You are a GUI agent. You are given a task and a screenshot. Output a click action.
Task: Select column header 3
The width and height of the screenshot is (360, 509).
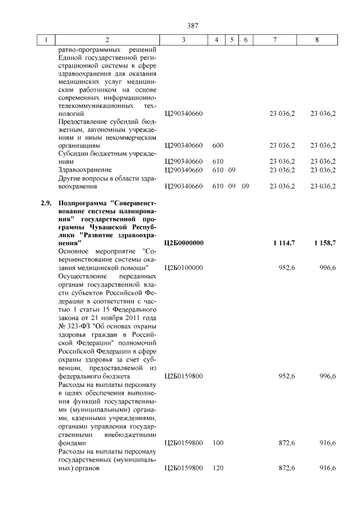183,40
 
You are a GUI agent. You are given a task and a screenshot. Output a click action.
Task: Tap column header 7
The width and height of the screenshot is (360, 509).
274,40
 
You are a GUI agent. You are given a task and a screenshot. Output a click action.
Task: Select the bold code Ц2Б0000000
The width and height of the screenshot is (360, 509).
183,242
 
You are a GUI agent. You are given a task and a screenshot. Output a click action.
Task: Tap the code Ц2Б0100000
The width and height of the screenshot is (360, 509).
183,267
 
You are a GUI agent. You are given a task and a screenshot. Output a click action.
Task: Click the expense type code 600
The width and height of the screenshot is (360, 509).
218,145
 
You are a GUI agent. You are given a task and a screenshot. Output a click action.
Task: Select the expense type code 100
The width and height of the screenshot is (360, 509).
218,443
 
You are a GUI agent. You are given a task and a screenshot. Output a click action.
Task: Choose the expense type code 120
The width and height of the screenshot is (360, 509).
218,468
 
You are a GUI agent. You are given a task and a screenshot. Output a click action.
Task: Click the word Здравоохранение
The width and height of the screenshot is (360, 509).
85,169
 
